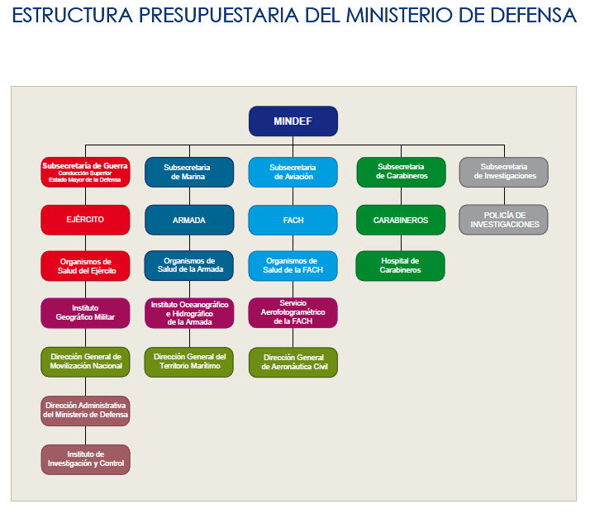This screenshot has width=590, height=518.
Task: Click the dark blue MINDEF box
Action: tap(293, 121)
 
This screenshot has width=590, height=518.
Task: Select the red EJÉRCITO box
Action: tap(85, 220)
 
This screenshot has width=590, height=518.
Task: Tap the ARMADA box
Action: tap(189, 220)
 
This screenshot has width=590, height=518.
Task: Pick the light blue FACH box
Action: tap(293, 220)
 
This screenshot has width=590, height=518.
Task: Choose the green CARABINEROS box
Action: tap(401, 220)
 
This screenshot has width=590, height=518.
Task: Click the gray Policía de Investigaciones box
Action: tap(503, 220)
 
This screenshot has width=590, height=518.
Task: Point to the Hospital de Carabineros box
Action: tap(400, 265)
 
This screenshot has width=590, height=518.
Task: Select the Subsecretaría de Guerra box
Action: tap(85, 173)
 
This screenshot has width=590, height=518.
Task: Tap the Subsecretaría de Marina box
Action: tap(189, 173)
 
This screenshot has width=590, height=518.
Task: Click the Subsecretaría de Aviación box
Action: tap(293, 173)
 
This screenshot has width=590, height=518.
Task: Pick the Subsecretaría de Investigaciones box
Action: tap(504, 173)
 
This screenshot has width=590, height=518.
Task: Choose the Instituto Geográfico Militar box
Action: tap(85, 313)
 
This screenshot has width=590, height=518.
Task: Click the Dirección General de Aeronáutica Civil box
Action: tap(293, 362)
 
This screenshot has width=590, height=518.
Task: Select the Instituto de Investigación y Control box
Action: tap(86, 459)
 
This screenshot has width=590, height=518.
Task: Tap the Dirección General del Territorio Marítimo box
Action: tap(189, 362)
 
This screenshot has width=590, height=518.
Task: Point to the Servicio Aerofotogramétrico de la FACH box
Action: tap(293, 312)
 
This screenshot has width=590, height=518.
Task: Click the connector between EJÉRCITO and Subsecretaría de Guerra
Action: tap(85, 196)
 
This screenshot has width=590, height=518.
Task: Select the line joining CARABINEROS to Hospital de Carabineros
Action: tap(401, 243)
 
